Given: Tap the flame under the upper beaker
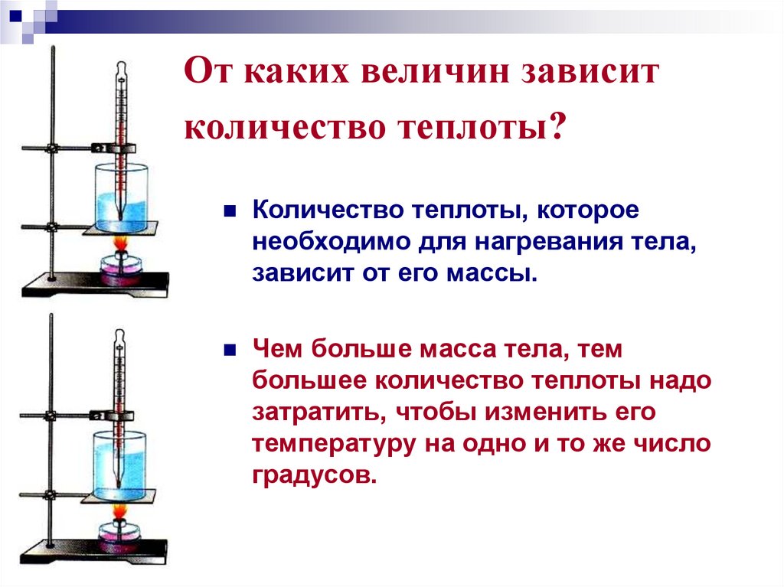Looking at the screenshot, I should tap(120, 243).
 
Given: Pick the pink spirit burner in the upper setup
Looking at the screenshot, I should tap(120, 269).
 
